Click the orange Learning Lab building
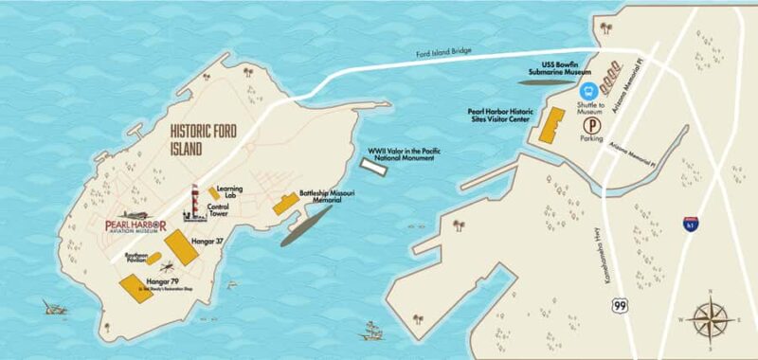[x=214, y=193]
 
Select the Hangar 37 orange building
[x=181, y=248]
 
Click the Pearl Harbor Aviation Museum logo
[x=135, y=225]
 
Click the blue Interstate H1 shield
[x=690, y=225]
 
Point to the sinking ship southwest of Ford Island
[x=54, y=307]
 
